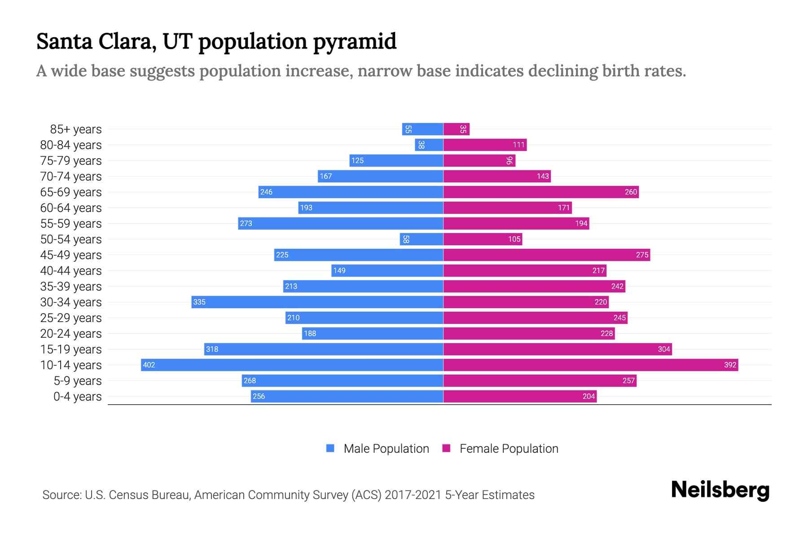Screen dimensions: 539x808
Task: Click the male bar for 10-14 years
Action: [292, 365]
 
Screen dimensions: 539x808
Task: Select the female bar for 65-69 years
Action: [541, 192]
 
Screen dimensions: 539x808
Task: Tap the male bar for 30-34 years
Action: [317, 302]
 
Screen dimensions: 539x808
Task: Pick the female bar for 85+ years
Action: [456, 129]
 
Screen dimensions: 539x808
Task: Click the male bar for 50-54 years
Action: [422, 239]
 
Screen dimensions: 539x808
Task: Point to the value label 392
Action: [730, 365]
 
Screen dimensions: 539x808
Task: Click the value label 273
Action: [246, 223]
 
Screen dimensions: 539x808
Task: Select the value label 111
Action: [518, 145]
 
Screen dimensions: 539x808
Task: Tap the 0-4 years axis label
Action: [77, 397]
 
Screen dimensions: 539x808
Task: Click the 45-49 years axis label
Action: [71, 255]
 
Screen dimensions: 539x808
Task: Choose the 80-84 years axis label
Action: [71, 145]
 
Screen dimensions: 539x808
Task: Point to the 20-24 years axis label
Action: [71, 334]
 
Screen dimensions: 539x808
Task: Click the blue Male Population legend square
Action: [330, 448]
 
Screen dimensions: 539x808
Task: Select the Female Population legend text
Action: [509, 448]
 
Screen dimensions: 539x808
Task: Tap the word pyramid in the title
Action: [354, 42]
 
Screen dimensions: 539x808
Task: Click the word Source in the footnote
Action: [61, 495]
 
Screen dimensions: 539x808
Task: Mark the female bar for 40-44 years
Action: [525, 270]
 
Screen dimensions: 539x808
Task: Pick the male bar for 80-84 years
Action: [429, 145]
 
